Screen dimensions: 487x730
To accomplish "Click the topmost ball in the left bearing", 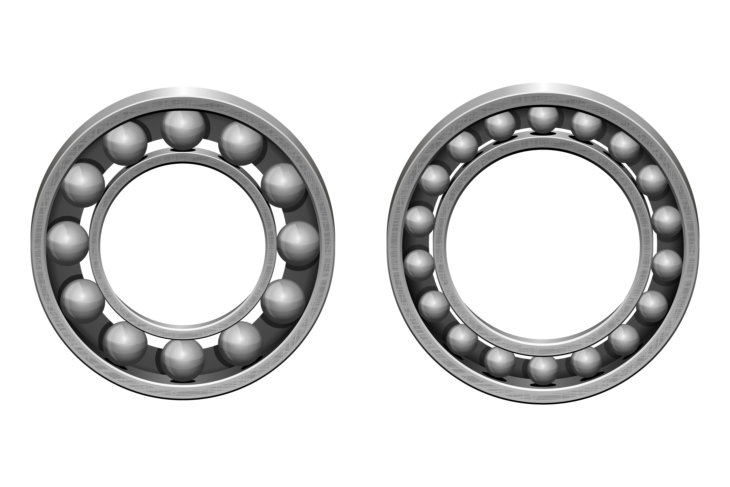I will [x=183, y=130].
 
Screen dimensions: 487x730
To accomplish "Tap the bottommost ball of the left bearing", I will [x=183, y=360].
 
